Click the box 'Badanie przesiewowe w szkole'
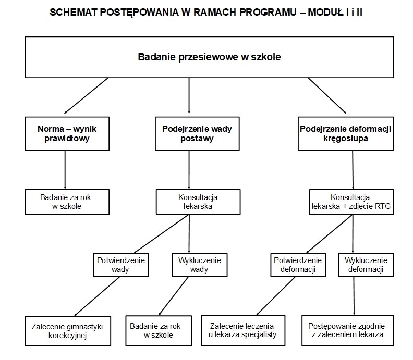(209, 57)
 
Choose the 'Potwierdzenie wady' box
(120, 265)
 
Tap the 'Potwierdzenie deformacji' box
(298, 265)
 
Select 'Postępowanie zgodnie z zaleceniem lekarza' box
(346, 331)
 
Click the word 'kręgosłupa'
(345, 139)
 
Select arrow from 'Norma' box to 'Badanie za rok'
(65, 169)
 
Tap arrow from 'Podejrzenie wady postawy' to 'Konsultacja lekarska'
(189, 169)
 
